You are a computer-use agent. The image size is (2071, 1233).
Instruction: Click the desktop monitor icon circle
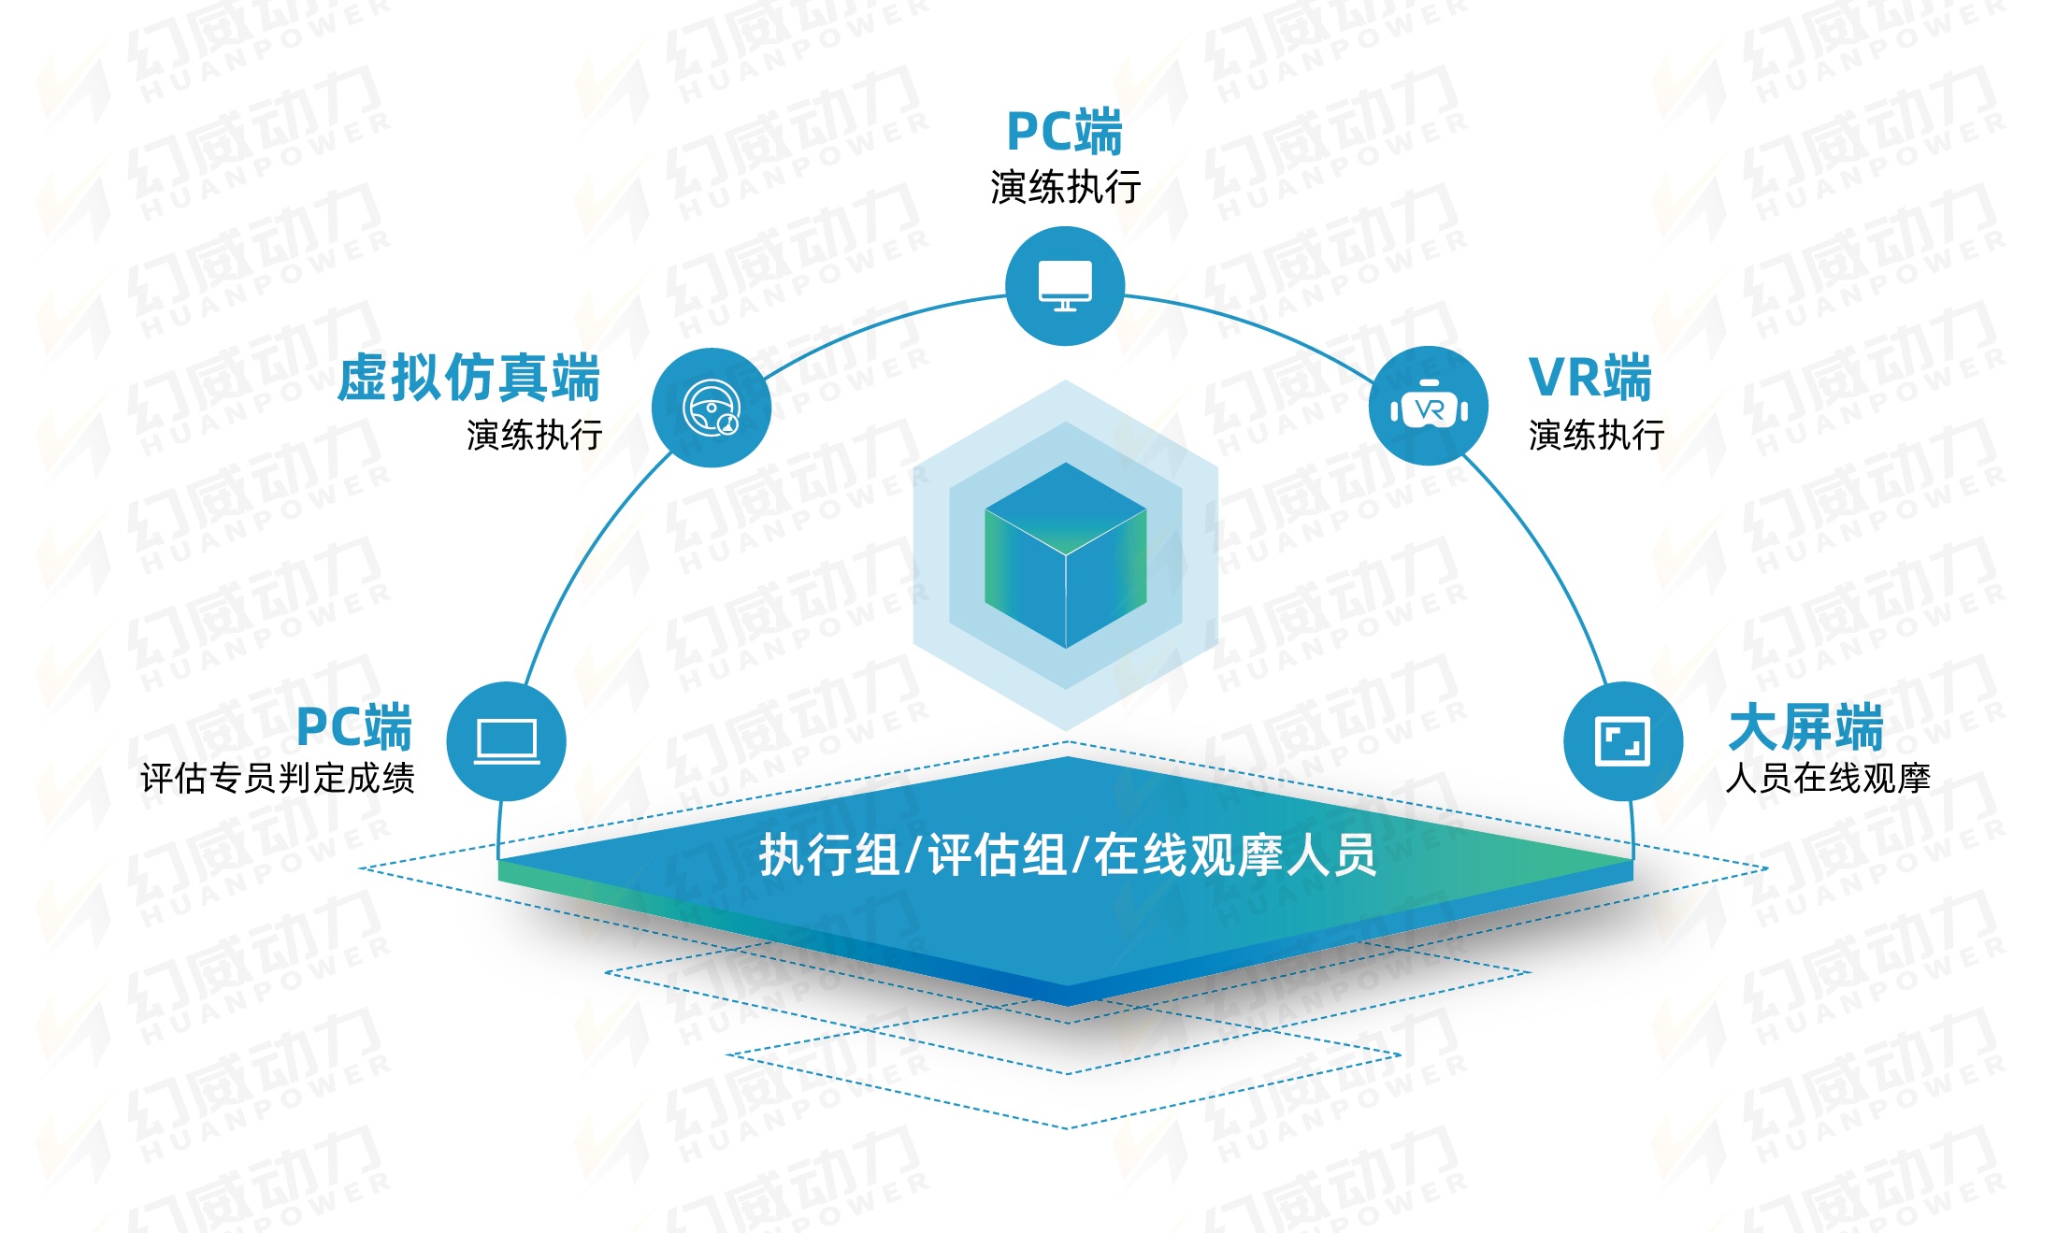coord(1064,286)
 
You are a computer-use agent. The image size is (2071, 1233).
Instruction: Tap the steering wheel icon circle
coord(712,408)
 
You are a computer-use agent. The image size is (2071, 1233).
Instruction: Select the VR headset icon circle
coord(1428,407)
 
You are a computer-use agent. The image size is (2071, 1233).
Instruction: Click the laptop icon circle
coord(506,741)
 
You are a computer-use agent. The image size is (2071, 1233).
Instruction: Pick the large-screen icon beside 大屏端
coord(1622,741)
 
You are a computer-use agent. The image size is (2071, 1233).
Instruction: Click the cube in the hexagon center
coord(1065,555)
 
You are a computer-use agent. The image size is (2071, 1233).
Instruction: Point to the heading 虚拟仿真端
coord(468,378)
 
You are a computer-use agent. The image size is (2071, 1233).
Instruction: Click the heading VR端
coord(1589,378)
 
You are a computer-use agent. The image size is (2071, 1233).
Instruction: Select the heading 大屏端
coord(1805,727)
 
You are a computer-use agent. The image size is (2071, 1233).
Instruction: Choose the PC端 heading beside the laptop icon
coord(354,727)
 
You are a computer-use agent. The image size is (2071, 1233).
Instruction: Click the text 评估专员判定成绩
coord(278,778)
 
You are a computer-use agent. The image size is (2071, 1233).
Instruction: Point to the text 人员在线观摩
coord(1827,778)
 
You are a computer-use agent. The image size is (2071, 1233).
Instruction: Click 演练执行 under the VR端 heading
coord(1596,435)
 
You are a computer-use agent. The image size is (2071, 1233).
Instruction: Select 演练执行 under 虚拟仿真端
coord(534,435)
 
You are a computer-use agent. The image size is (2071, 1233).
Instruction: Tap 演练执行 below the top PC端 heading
coord(1065,187)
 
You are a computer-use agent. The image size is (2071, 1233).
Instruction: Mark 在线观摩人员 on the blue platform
coord(1234,854)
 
